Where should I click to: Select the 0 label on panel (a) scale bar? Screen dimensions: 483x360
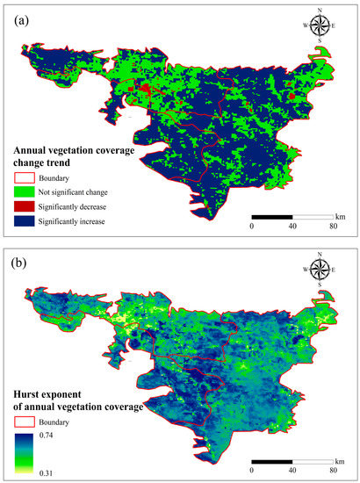252,226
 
